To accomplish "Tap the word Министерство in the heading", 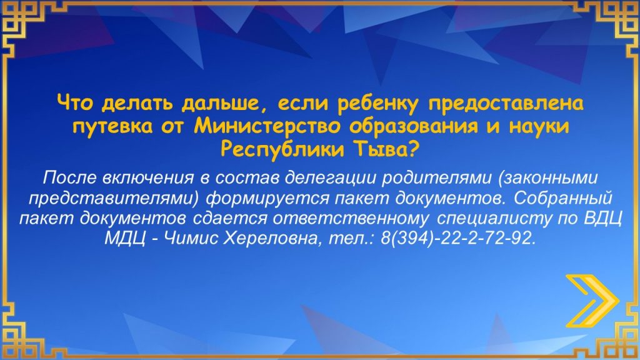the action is click(x=267, y=126).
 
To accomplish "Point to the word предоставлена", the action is click(x=505, y=104).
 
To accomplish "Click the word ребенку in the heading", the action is click(x=378, y=104).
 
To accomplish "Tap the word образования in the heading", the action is click(x=413, y=127).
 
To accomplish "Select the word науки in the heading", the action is click(x=538, y=126).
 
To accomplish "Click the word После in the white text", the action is click(x=69, y=177).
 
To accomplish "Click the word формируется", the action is click(x=267, y=198).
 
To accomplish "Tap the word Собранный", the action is click(x=563, y=198).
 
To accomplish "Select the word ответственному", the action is click(x=351, y=218).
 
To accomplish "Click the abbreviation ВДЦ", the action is click(x=602, y=218).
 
